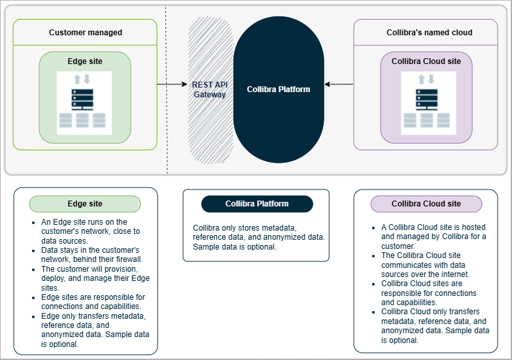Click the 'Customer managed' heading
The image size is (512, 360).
(x=85, y=33)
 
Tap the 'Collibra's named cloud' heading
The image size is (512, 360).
(x=430, y=33)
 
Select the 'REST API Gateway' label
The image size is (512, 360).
(x=209, y=90)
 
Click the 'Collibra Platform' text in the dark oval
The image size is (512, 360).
(x=278, y=89)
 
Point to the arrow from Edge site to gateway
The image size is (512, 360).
(x=172, y=84)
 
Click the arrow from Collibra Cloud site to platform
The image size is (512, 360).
(x=339, y=84)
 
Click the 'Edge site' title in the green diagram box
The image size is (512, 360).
(x=85, y=61)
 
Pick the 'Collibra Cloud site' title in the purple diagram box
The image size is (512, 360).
(x=426, y=61)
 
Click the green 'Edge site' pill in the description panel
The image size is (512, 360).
(x=85, y=204)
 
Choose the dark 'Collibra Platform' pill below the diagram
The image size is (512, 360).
(x=257, y=204)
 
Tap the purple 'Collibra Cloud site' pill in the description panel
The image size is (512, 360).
(x=426, y=204)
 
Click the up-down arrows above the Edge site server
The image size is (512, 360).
(x=82, y=80)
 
